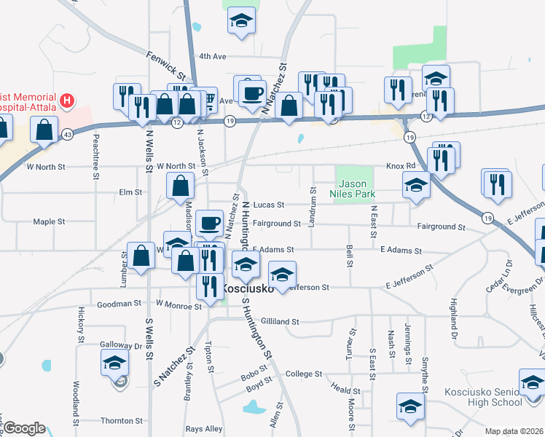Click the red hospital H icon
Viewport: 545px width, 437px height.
pos(67,99)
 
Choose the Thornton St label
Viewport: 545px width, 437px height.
pos(122,421)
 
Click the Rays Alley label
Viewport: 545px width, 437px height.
pos(204,429)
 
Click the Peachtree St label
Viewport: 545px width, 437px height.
pos(95,155)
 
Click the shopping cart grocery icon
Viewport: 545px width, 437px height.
pos(207,100)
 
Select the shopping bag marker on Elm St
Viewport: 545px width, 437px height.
pos(180,186)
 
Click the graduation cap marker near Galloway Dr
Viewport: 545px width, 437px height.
pos(115,363)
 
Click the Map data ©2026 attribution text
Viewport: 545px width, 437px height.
pos(514,431)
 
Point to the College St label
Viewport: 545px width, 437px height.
pos(303,374)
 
